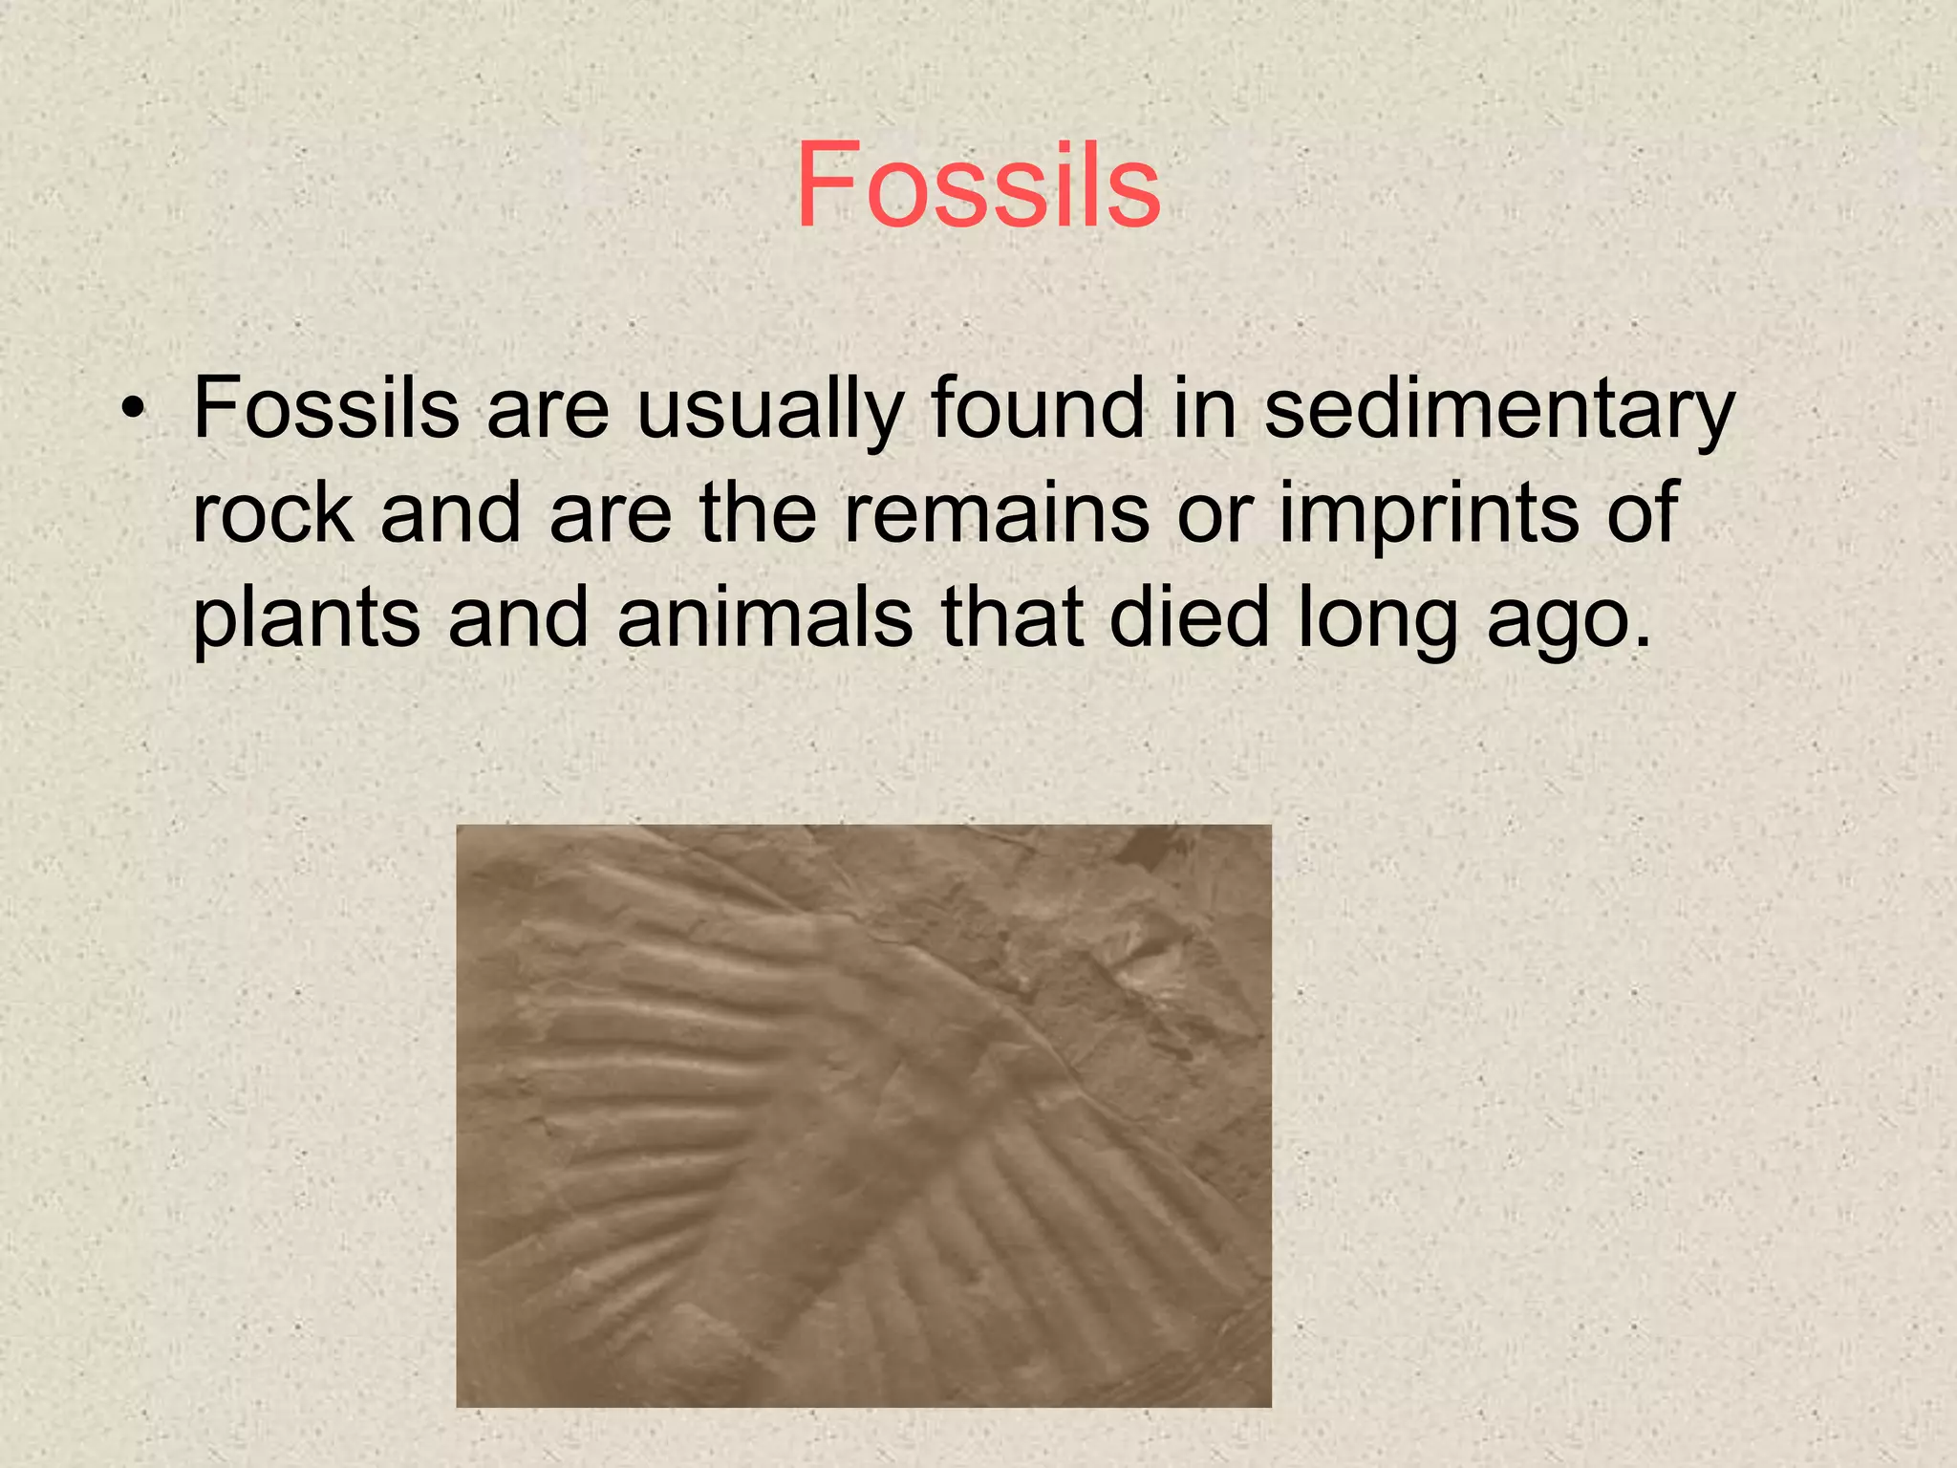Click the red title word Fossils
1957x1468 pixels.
click(978, 185)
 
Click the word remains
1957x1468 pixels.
click(996, 513)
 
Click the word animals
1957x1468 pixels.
click(764, 618)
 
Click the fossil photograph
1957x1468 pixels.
click(863, 1115)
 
